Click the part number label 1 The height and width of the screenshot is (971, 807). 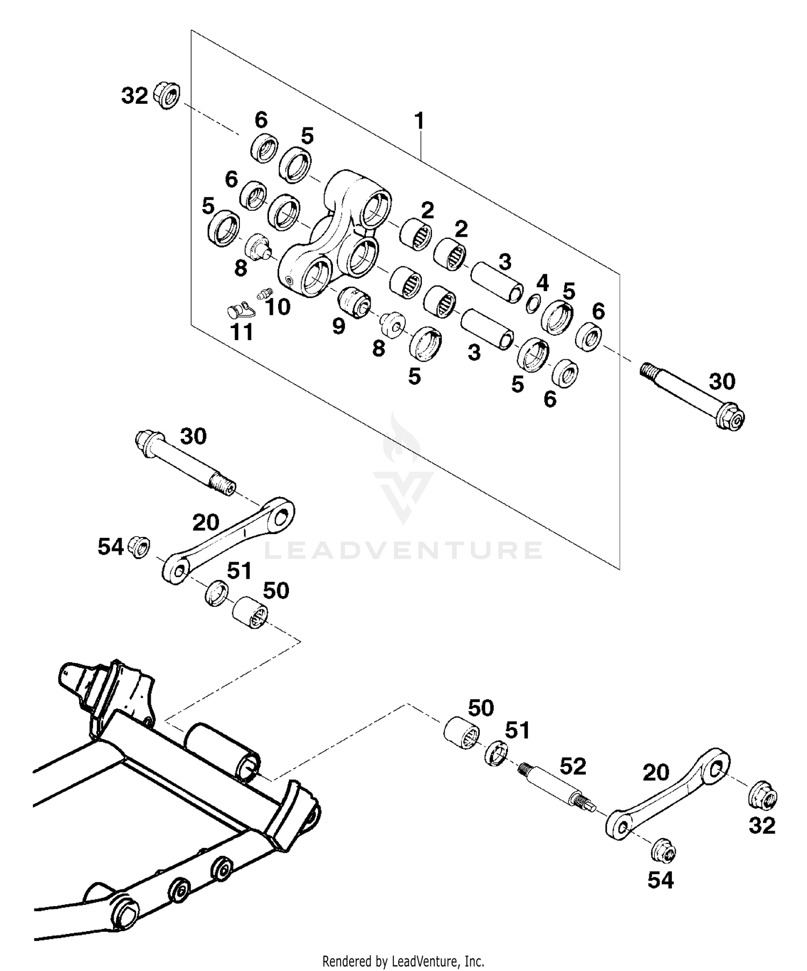(x=419, y=121)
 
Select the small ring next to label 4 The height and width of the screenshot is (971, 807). (x=532, y=304)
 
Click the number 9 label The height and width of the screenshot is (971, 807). (x=338, y=326)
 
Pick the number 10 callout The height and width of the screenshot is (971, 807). (x=278, y=307)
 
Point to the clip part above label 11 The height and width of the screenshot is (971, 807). (x=239, y=310)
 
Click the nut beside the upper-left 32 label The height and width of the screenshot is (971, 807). (x=167, y=96)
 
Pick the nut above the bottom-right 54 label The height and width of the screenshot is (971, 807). (x=663, y=852)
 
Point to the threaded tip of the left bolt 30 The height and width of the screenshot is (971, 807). (x=223, y=484)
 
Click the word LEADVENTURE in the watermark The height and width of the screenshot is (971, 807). (x=403, y=550)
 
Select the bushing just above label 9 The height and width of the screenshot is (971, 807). (x=354, y=300)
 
